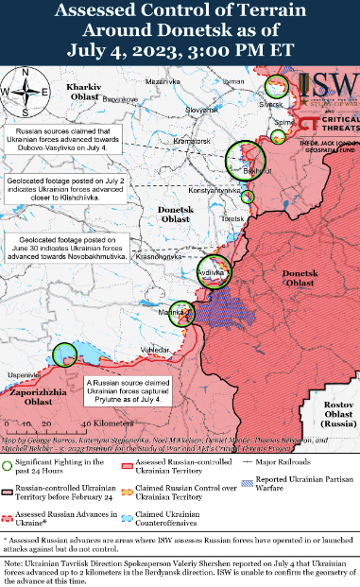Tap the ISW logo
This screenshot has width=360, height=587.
[x=334, y=91]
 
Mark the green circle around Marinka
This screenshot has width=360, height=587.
[x=182, y=314]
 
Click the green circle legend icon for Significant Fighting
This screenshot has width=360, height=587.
[x=9, y=465]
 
